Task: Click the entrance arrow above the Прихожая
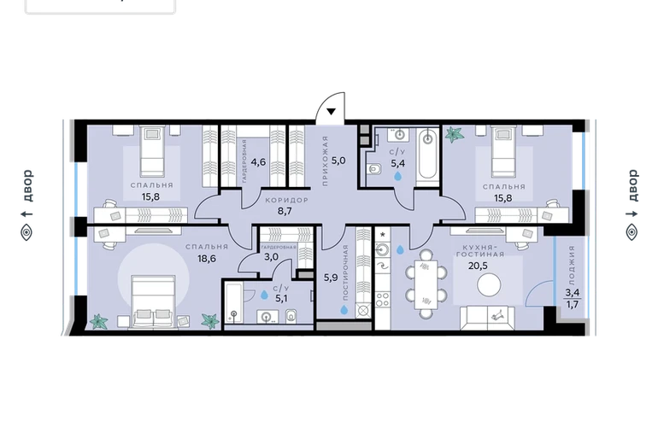331,112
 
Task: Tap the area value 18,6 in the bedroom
207,259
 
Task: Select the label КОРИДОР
286,201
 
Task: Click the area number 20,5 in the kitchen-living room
477,265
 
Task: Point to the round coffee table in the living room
489,285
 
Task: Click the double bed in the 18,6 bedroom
153,301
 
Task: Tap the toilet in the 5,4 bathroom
373,170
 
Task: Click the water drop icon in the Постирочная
344,309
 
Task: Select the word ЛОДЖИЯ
572,265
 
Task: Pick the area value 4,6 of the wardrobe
258,161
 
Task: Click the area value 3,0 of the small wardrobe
271,257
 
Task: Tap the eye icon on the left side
26,232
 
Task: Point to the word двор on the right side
632,185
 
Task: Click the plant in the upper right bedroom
454,134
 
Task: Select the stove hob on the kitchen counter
382,300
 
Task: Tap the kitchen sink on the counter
382,250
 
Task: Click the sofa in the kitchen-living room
487,318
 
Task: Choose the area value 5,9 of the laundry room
331,278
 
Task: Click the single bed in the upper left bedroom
152,152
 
